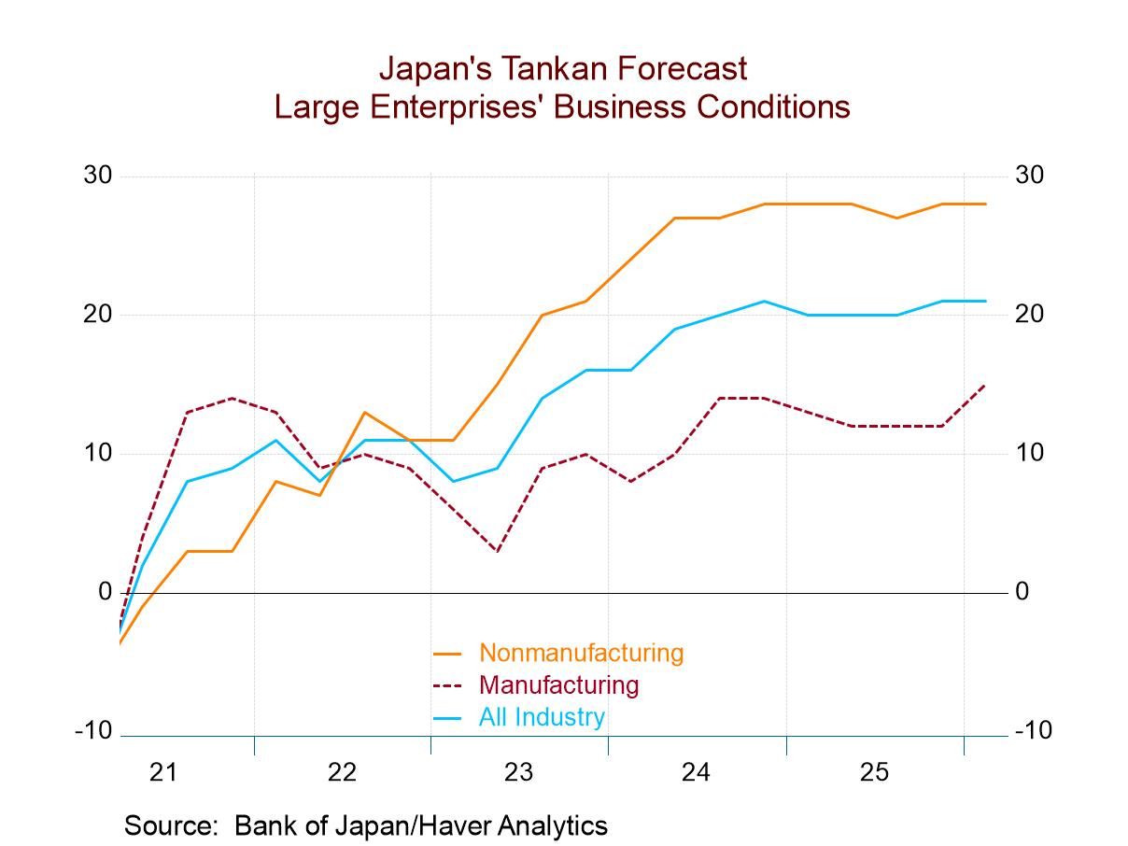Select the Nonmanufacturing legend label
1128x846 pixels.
[x=581, y=653]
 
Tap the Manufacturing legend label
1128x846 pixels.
[x=558, y=684]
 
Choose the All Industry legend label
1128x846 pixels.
[x=542, y=717]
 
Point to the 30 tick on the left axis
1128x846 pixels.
[x=98, y=176]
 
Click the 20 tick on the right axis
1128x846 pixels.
[x=1029, y=315]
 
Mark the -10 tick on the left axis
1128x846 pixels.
[x=93, y=731]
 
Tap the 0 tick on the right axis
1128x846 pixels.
[x=1022, y=592]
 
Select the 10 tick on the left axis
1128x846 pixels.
[x=98, y=453]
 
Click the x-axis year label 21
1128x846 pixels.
[x=164, y=772]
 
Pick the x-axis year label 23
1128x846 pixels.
[x=519, y=772]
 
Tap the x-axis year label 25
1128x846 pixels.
[x=874, y=772]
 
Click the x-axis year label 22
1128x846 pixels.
[x=342, y=772]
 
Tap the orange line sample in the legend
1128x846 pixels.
[x=448, y=654]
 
